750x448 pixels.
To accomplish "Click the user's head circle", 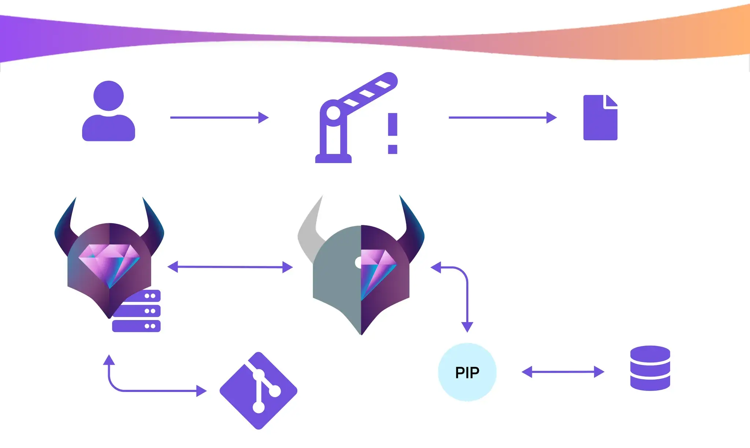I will (x=108, y=95).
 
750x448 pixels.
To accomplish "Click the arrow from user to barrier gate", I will (x=219, y=117).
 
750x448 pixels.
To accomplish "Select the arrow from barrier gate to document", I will (x=502, y=117).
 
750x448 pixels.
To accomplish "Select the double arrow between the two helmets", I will (x=230, y=267).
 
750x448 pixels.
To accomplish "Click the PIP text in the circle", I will (x=467, y=373).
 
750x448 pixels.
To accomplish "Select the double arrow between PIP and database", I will (x=562, y=372).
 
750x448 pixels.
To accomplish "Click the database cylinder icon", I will (x=650, y=368).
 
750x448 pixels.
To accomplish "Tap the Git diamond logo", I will (x=259, y=391).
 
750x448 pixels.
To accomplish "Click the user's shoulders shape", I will (x=108, y=128).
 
